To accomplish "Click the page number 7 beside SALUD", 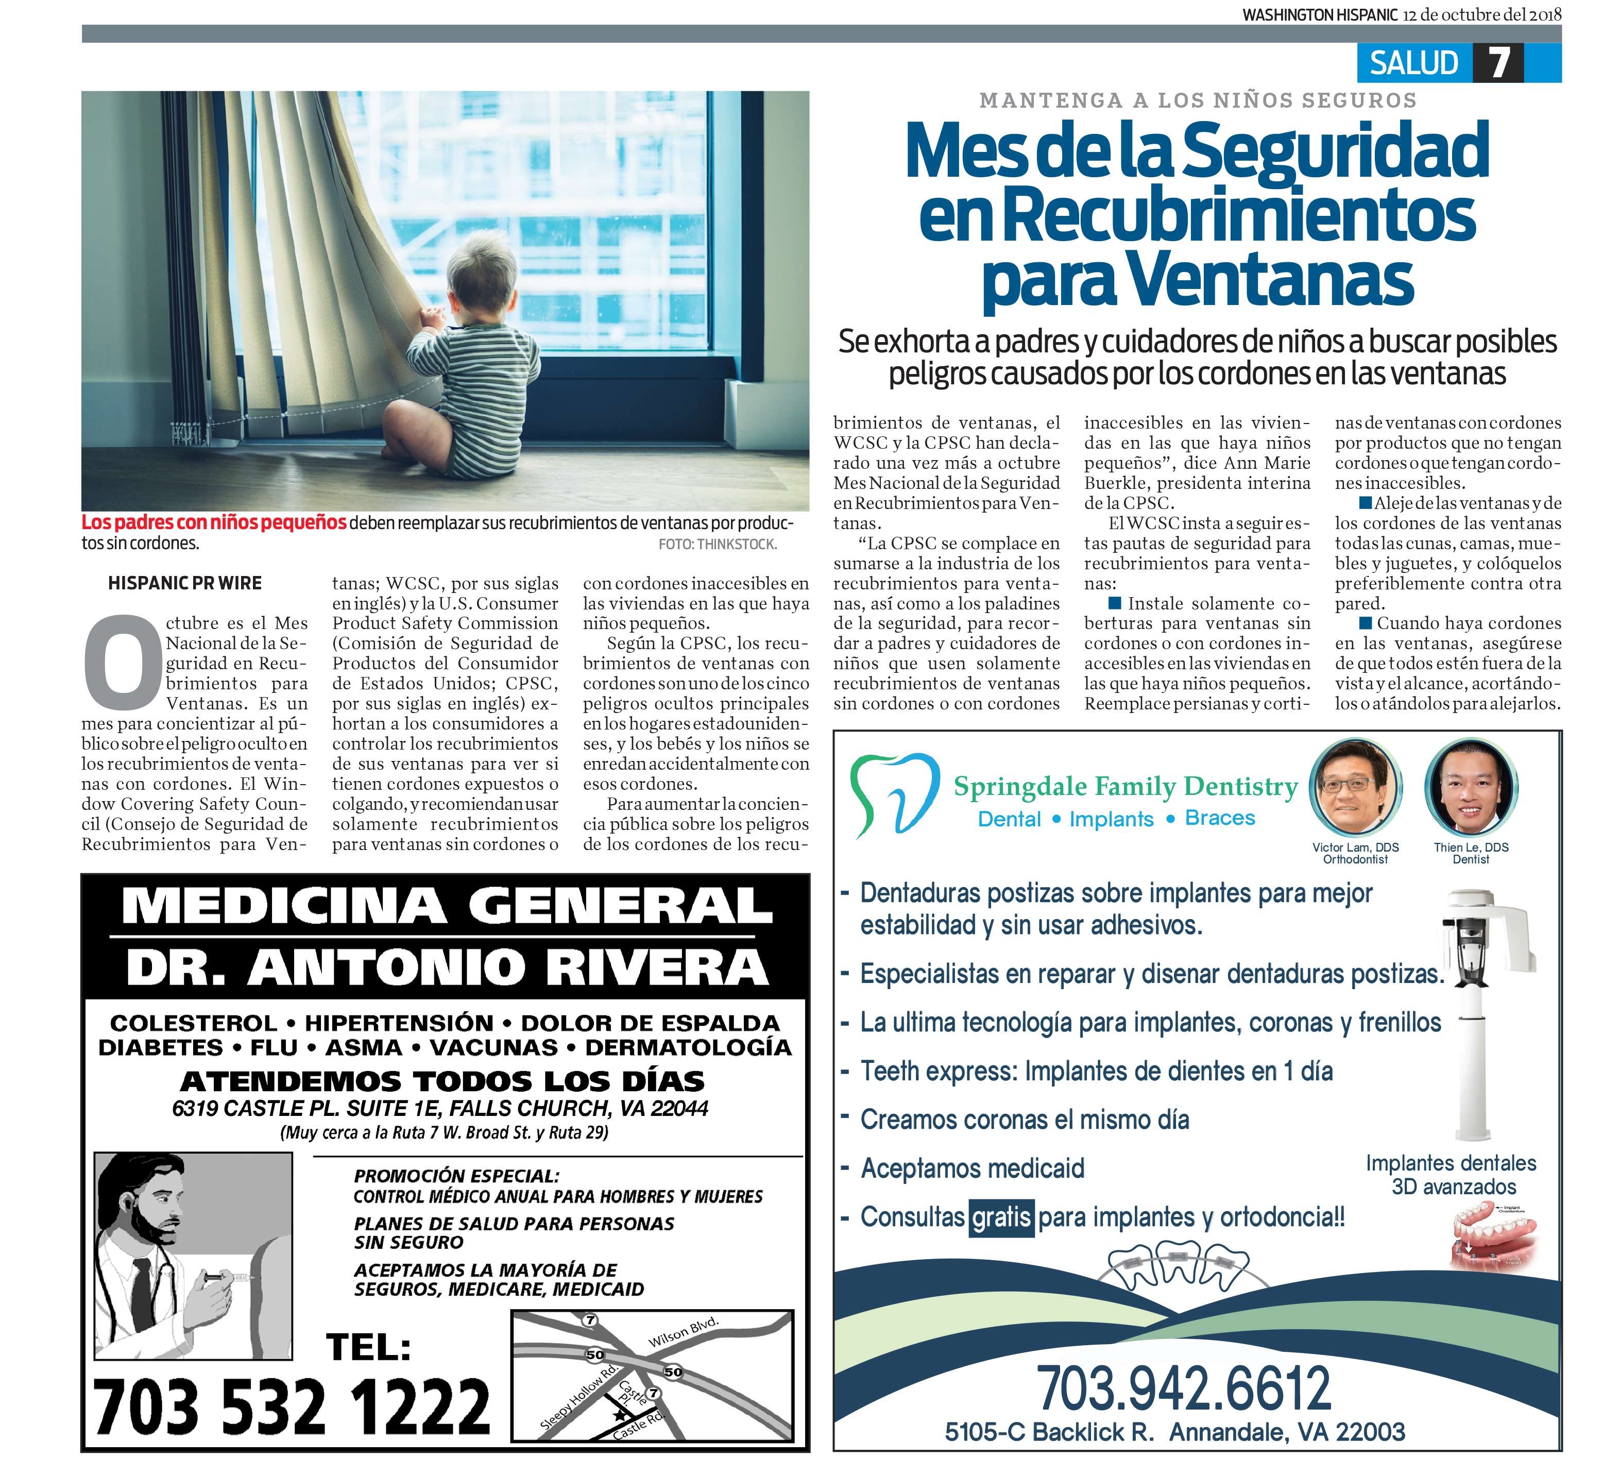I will click(1499, 62).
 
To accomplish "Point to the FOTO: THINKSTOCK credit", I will click(717, 545).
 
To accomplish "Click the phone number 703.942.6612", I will click(1183, 1389).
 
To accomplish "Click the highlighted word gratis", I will click(1000, 1218).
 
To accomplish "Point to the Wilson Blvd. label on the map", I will click(683, 1332).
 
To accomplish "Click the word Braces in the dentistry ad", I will click(1219, 818).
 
